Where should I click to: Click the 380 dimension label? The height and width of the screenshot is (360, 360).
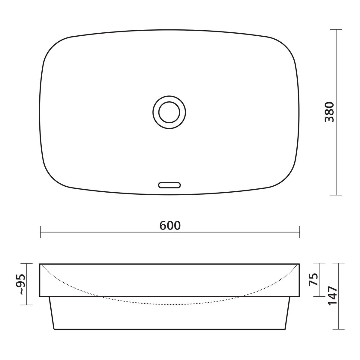click(329, 112)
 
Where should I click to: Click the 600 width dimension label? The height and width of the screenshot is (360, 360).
click(170, 225)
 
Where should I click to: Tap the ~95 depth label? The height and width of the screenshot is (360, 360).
click(20, 284)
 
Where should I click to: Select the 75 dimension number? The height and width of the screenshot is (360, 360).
click(313, 279)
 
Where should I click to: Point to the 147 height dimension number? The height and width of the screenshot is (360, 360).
click(333, 296)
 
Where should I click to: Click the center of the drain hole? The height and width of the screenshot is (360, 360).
click(169, 112)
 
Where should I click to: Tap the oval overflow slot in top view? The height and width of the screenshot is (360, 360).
click(169, 185)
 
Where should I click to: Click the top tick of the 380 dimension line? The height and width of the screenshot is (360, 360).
click(336, 29)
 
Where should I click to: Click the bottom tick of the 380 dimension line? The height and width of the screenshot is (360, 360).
click(336, 195)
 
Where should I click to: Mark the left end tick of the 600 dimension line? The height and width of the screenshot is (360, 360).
click(40, 232)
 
